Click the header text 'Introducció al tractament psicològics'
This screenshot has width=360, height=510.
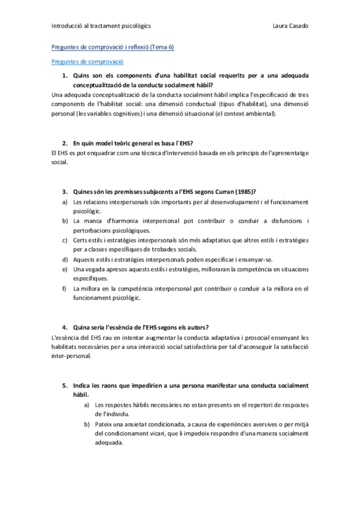pyautogui.click(x=101, y=26)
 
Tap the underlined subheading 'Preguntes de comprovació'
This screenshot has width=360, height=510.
pyautogui.click(x=87, y=61)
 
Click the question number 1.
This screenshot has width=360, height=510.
pyautogui.click(x=65, y=76)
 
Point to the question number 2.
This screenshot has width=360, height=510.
pyautogui.click(x=65, y=144)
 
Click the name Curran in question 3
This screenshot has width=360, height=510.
pyautogui.click(x=223, y=191)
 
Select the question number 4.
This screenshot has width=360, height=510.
pyautogui.click(x=65, y=327)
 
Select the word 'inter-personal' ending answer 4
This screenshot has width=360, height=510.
pyautogui.click(x=72, y=355)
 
